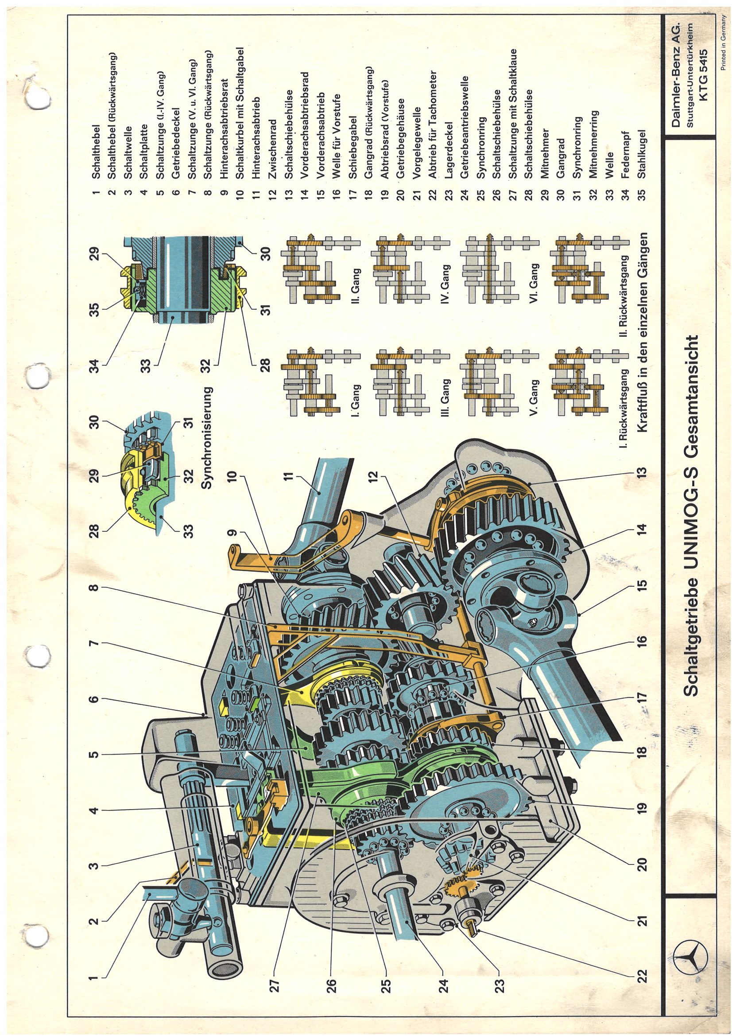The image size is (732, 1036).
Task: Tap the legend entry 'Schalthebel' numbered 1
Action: pos(95,151)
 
